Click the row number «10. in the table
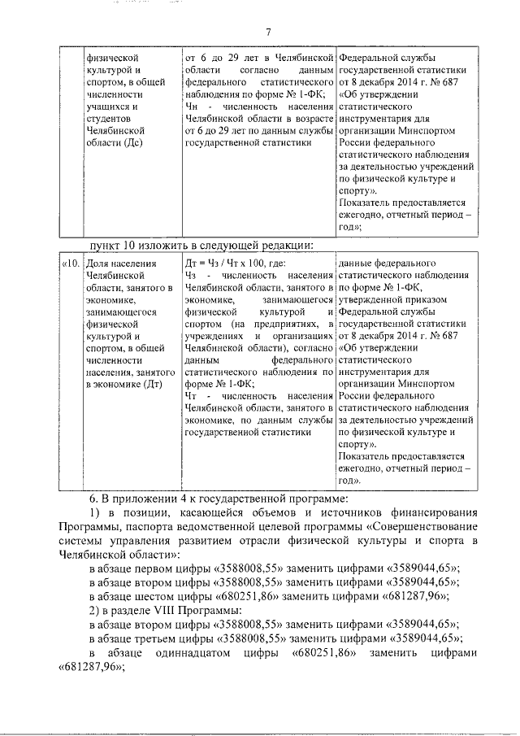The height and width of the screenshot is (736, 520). click(x=71, y=263)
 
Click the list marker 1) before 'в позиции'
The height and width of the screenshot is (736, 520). click(x=96, y=512)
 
